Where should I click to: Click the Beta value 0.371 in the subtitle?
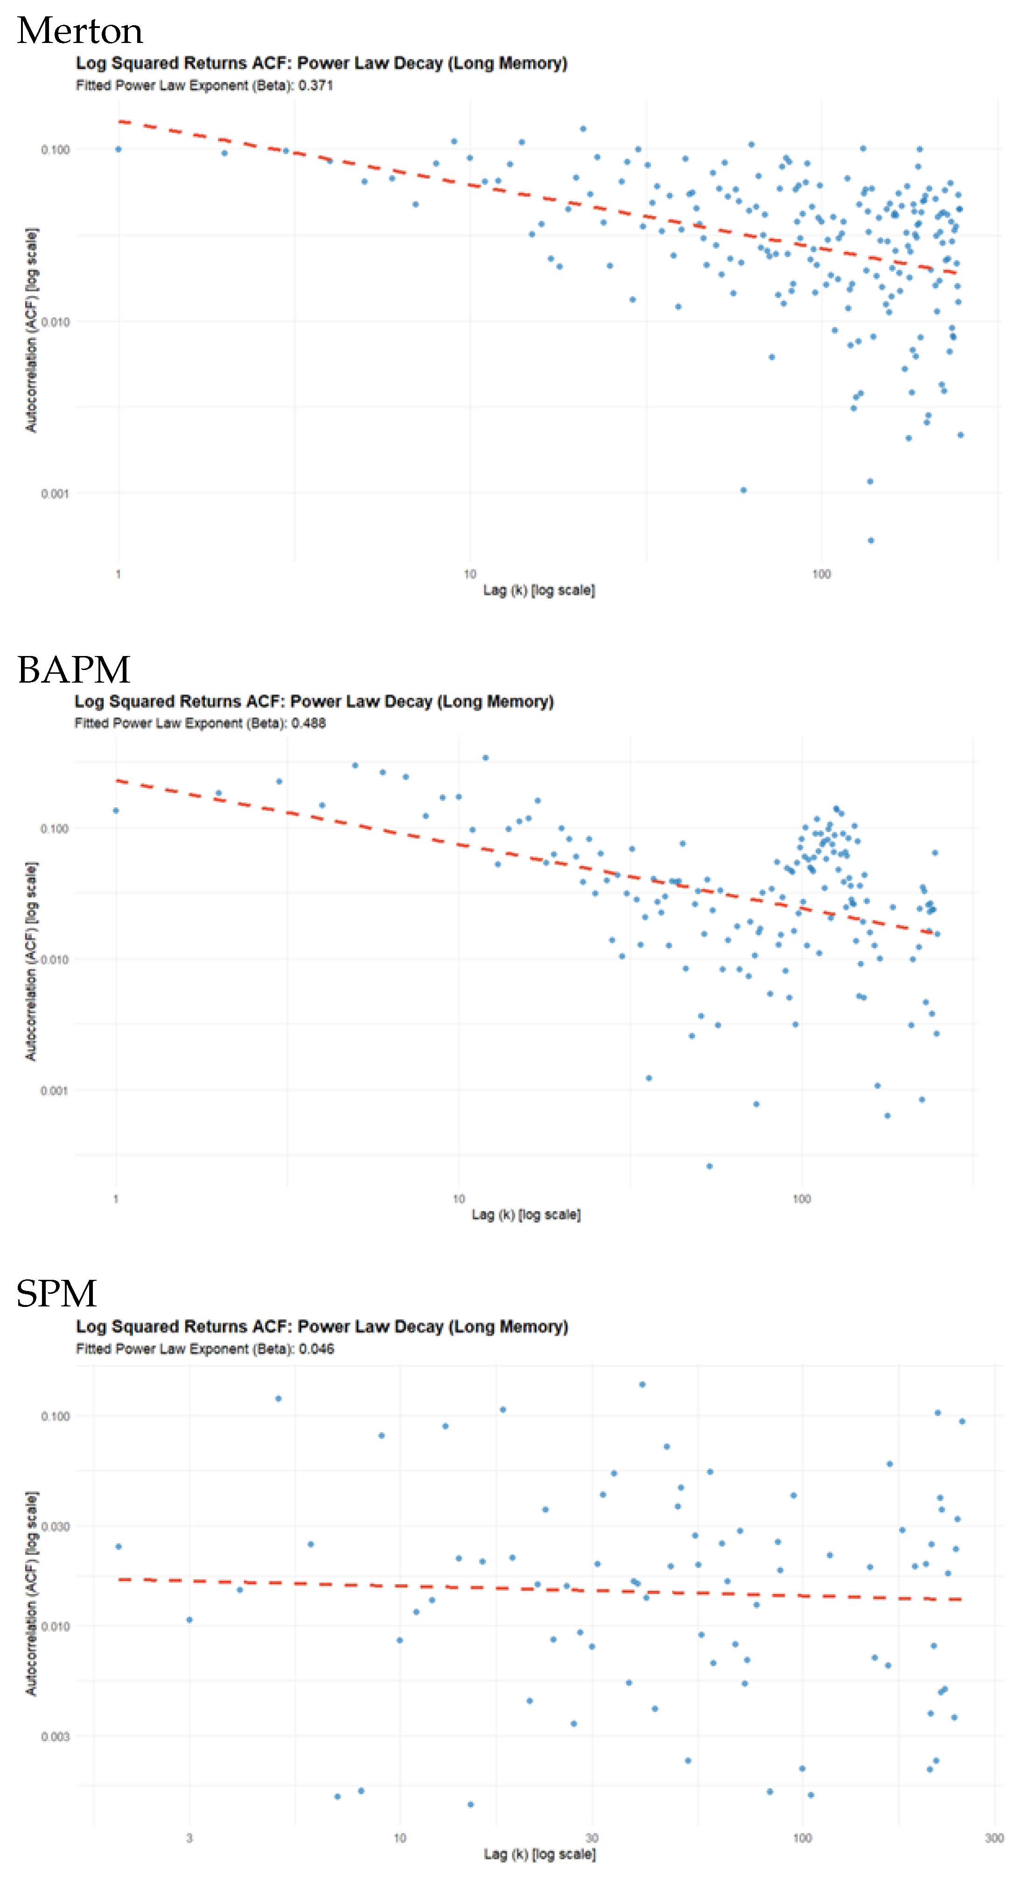click(x=315, y=85)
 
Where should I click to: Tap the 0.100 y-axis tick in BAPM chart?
click(x=54, y=828)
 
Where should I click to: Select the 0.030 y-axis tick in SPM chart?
click(x=56, y=1526)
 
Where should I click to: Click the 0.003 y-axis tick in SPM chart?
click(x=56, y=1736)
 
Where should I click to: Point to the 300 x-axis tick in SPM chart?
click(x=994, y=1838)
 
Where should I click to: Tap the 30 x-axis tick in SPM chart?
click(x=592, y=1838)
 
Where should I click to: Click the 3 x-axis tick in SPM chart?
click(x=189, y=1838)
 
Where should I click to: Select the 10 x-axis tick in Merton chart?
click(x=470, y=574)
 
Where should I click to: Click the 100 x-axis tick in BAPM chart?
click(x=801, y=1199)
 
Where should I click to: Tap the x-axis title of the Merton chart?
click(x=539, y=590)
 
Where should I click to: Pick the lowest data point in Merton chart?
click(x=870, y=540)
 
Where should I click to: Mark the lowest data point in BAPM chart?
click(x=709, y=1166)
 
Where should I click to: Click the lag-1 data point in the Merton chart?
click(x=118, y=149)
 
